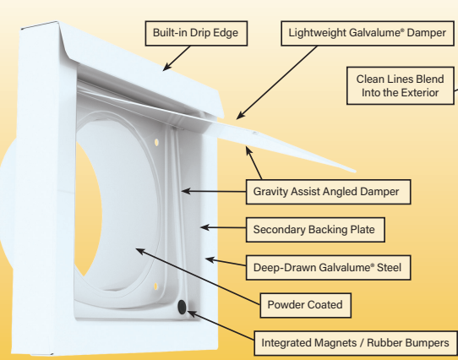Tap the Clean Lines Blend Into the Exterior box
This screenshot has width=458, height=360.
[401, 85]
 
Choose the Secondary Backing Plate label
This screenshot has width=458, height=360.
[314, 229]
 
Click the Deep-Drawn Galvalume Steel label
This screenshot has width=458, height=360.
[326, 268]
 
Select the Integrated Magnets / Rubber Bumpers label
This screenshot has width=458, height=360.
[356, 344]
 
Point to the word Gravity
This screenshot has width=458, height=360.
[273, 192]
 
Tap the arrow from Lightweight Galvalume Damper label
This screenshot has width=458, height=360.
[262, 85]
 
